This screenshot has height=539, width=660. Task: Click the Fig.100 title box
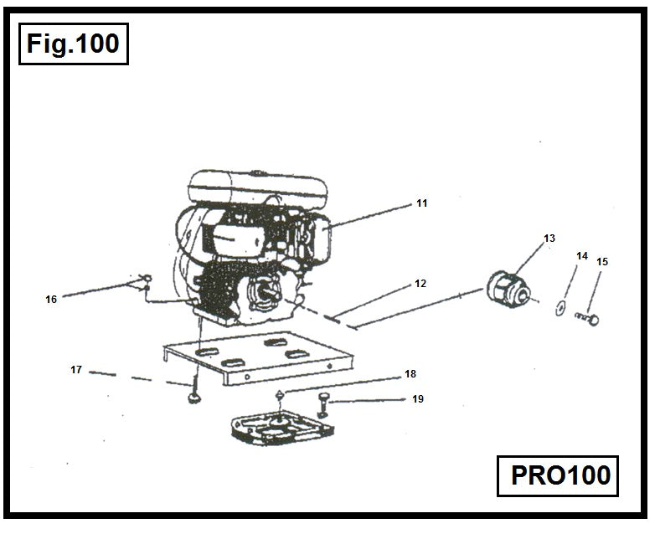pos(73,44)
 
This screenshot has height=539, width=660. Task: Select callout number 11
pos(422,203)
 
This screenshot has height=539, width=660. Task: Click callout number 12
pos(420,284)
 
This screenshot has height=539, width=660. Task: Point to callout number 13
pos(549,239)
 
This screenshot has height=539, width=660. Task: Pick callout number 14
pos(582,255)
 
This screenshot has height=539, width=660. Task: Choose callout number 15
pos(602,262)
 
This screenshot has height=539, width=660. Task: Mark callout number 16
pos(51,299)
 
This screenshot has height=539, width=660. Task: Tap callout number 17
pos(75,369)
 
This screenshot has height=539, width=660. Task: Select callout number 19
pos(417,399)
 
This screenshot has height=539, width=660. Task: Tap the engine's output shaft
pos(271,294)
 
